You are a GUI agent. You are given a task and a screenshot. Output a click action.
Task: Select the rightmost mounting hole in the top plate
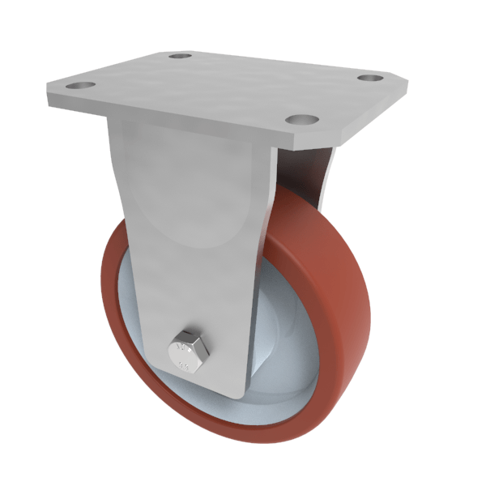pyautogui.click(x=370, y=79)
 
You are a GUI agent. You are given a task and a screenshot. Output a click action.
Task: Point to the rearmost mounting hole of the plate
pyautogui.click(x=180, y=57)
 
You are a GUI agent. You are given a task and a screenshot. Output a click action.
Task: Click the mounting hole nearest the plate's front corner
pyautogui.click(x=301, y=119)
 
